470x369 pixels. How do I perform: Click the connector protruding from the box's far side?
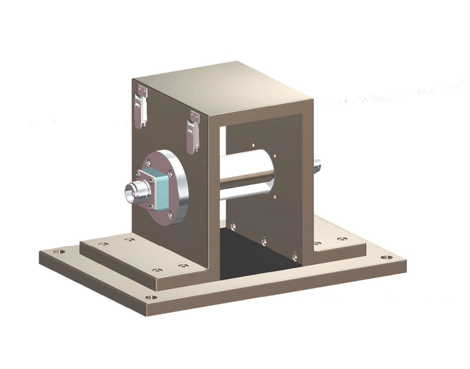pos(317,164)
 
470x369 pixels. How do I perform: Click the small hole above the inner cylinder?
pos(254,144)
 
